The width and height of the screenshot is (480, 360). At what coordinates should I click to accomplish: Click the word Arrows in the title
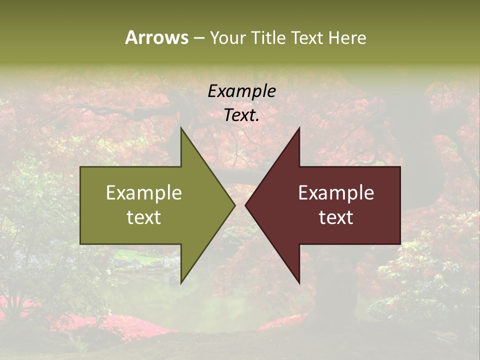(x=156, y=37)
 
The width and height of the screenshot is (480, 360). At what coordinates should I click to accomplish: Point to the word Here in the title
(x=347, y=37)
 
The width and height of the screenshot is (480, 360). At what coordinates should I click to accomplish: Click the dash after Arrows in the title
(x=198, y=38)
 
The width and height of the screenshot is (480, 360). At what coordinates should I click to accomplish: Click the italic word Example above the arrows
(x=241, y=91)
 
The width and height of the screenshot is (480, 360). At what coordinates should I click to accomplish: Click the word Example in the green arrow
(x=144, y=193)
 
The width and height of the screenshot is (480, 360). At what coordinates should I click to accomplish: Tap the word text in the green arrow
(x=144, y=217)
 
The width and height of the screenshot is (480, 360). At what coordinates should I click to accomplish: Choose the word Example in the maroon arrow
(x=336, y=193)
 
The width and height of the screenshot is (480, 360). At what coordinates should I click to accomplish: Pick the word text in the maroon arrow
(x=336, y=217)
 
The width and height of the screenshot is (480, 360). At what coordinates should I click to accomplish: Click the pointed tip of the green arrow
(x=234, y=205)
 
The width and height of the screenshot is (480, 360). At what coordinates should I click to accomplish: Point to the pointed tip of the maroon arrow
(x=246, y=205)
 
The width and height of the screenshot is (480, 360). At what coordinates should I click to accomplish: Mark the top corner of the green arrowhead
(x=181, y=128)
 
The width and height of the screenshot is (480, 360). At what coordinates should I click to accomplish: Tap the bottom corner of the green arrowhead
(x=181, y=282)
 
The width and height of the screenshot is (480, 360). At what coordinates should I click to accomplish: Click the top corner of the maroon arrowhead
(x=299, y=128)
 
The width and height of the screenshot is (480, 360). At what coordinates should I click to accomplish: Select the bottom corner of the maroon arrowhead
(x=299, y=282)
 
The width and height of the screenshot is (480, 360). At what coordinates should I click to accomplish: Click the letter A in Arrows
(x=131, y=37)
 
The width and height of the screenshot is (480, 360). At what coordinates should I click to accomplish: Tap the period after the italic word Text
(x=257, y=120)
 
